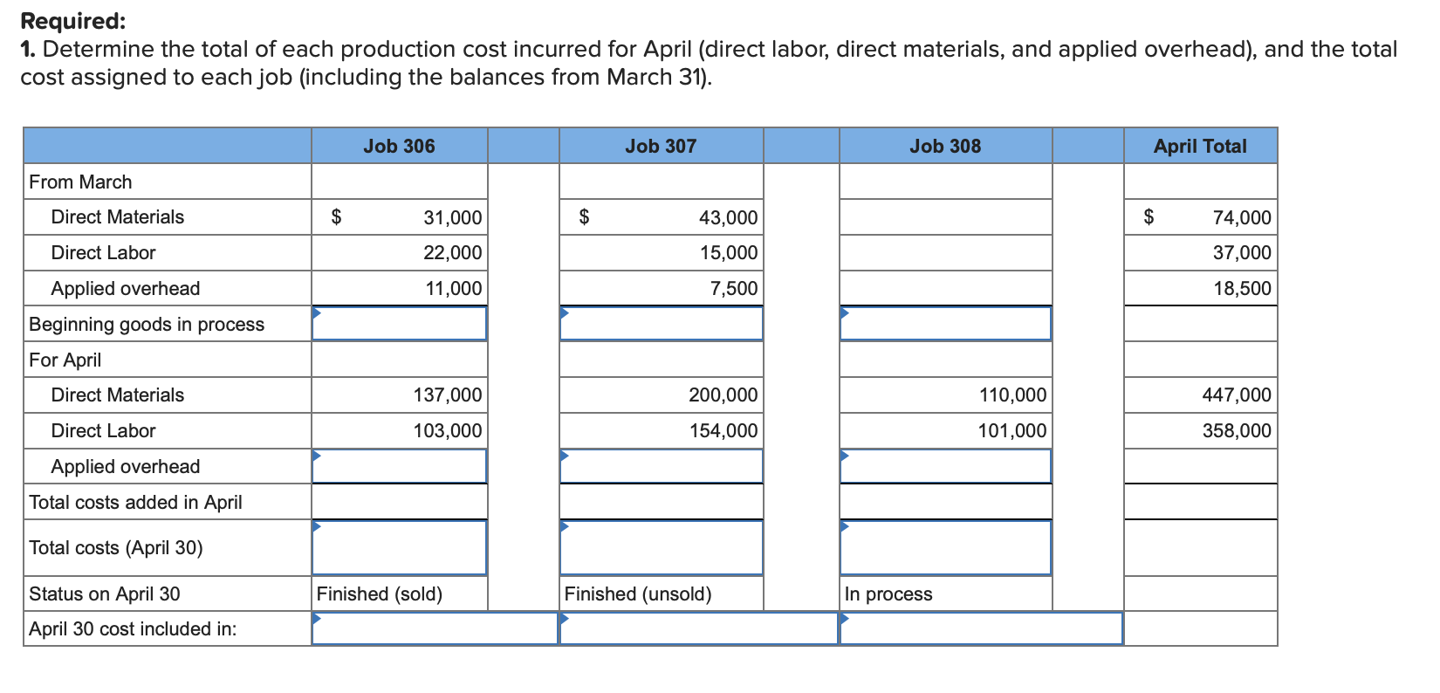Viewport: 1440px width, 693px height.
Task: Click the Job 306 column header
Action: (x=399, y=147)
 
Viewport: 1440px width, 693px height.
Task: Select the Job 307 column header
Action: (x=661, y=147)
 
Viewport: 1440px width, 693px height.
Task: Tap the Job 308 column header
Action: (x=945, y=147)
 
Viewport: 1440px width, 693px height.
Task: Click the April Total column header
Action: (x=1200, y=147)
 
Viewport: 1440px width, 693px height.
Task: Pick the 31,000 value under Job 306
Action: (x=452, y=217)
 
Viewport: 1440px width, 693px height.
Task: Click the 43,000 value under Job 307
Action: (x=728, y=217)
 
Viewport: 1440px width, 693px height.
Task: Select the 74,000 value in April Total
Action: (x=1241, y=217)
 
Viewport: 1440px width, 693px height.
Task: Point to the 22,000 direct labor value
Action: (x=452, y=253)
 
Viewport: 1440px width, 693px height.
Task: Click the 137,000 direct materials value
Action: (x=447, y=395)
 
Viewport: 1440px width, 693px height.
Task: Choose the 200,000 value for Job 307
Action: (x=723, y=395)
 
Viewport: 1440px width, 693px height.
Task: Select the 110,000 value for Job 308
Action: (x=1012, y=395)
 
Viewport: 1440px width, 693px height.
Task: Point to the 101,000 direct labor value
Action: (x=1012, y=431)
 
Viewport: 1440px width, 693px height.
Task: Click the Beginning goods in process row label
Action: (x=147, y=325)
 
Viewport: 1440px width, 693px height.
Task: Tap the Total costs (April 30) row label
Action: (x=116, y=548)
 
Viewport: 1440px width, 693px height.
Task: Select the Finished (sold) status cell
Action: (x=380, y=594)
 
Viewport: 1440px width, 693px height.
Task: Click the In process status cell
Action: (x=888, y=594)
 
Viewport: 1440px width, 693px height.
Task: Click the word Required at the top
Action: (x=73, y=21)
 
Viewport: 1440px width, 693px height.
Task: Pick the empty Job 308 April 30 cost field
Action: (x=981, y=629)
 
